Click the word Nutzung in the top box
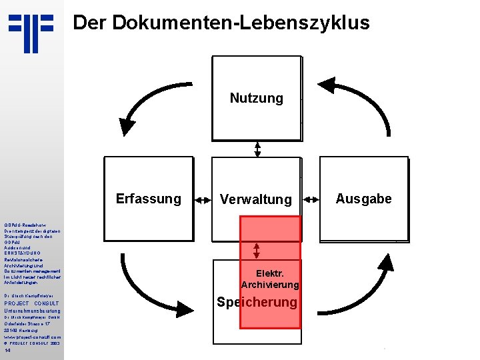(x=257, y=99)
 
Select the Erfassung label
(x=148, y=199)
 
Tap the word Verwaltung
(x=257, y=199)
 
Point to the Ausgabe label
(x=364, y=199)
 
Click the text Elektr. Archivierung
(x=270, y=279)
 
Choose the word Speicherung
(x=257, y=302)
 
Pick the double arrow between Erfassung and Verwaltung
(x=201, y=199)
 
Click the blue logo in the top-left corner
(x=31, y=33)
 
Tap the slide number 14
(x=7, y=351)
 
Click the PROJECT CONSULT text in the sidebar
(x=31, y=303)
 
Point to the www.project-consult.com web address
(x=32, y=337)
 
